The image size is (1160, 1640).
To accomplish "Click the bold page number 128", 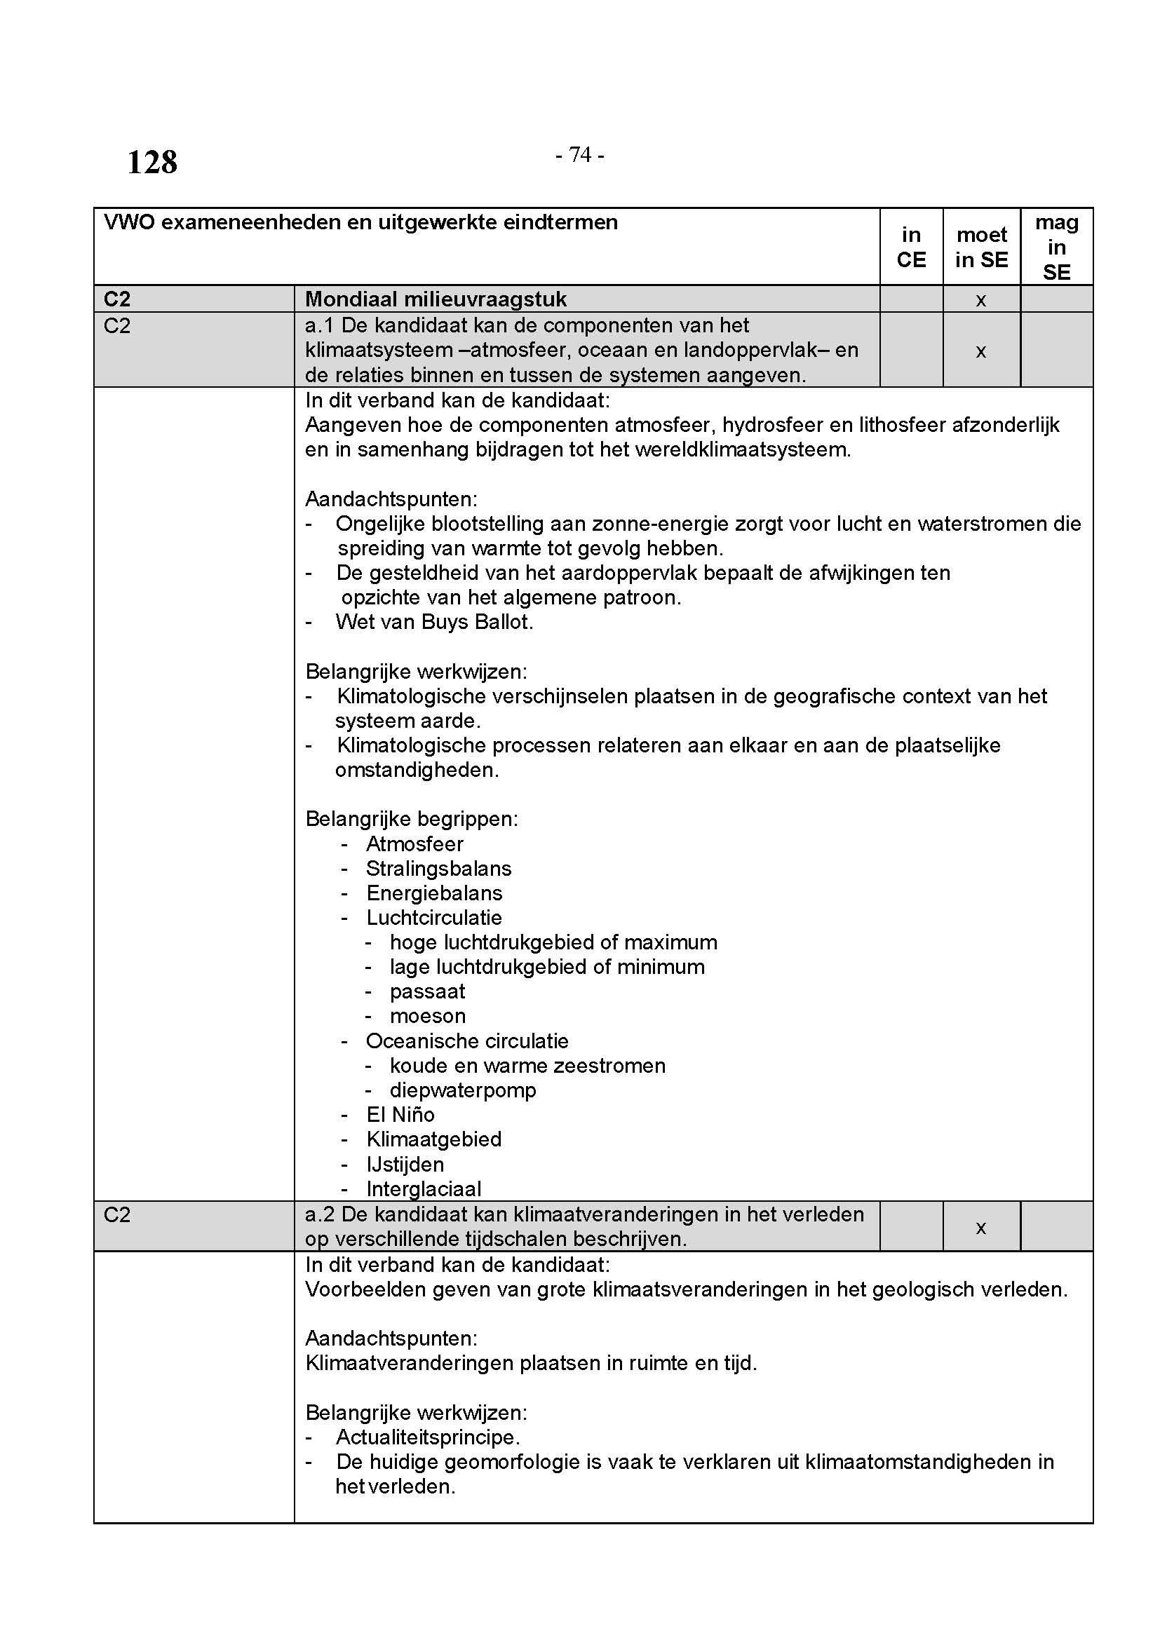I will (152, 162).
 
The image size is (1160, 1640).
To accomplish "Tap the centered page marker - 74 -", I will (579, 154).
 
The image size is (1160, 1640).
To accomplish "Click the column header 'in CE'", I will (911, 247).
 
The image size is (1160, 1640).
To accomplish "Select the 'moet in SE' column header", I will (981, 247).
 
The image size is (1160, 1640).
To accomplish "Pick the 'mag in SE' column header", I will (1056, 247).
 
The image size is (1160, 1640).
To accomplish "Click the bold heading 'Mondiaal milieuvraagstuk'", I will (436, 299).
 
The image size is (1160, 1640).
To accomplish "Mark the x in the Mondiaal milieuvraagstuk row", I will (980, 300).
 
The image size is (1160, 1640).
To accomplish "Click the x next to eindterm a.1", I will (980, 351).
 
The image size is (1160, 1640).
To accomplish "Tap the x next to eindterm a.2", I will (980, 1227).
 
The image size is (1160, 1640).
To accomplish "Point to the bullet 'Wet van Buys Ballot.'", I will (434, 621).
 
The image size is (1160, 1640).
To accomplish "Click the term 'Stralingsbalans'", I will (438, 869).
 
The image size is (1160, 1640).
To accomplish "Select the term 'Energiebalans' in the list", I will (434, 893).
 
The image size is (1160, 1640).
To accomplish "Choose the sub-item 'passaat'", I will (427, 991).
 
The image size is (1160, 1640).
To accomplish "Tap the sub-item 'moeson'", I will (427, 1016).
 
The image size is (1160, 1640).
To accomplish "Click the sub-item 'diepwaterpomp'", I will (463, 1090).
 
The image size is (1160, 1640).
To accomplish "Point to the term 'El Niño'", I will (400, 1114).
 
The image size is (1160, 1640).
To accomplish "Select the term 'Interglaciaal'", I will (424, 1188).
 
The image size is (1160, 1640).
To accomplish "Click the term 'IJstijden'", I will (405, 1165).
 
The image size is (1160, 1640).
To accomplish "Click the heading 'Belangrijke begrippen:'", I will (412, 818).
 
